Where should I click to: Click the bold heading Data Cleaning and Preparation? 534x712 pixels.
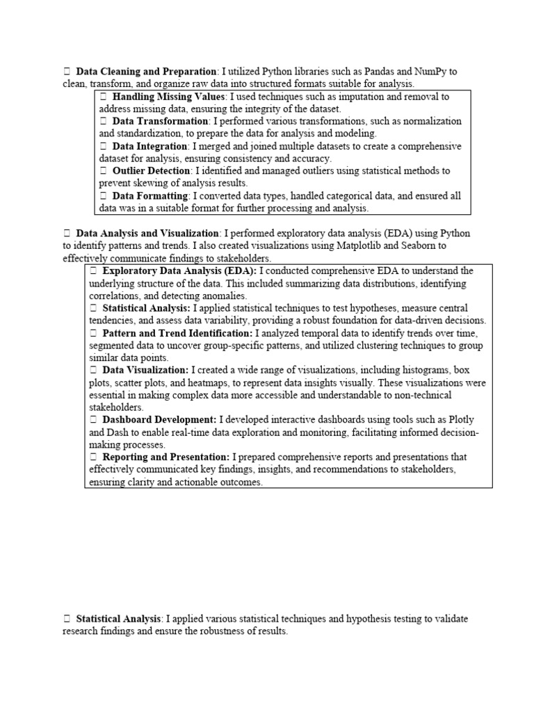(146, 72)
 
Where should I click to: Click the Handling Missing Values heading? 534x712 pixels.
(169, 97)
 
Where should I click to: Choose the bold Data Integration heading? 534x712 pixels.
(150, 146)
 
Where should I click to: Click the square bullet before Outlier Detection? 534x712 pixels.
(103, 171)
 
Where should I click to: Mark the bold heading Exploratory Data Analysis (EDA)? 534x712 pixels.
(179, 270)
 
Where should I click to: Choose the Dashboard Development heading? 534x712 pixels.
(159, 420)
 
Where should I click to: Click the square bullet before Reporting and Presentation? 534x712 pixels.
(93, 458)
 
